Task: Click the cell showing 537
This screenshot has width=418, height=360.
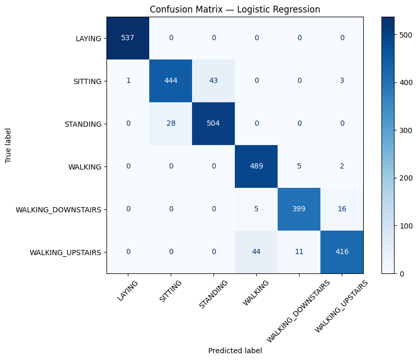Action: click(x=128, y=38)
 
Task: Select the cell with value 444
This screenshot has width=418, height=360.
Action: click(x=171, y=81)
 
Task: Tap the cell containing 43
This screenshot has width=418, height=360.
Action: click(x=213, y=81)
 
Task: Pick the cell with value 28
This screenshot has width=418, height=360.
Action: click(x=171, y=124)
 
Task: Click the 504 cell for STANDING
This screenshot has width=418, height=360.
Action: click(x=213, y=124)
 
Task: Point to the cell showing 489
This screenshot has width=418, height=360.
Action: click(x=256, y=166)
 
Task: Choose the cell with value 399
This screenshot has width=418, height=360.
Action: click(x=299, y=209)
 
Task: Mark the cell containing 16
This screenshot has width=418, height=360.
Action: click(x=342, y=209)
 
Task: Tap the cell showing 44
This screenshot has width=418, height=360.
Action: click(x=256, y=252)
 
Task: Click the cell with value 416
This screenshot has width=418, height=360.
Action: click(x=342, y=252)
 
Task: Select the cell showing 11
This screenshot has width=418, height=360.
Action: click(x=299, y=252)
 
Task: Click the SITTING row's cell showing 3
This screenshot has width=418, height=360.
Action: click(x=342, y=81)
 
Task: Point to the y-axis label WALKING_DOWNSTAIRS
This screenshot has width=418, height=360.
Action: click(x=58, y=210)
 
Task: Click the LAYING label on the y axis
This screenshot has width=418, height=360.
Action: click(x=88, y=39)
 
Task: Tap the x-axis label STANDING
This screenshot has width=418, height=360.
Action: click(x=213, y=294)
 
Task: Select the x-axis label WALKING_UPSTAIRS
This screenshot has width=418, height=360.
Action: click(x=341, y=306)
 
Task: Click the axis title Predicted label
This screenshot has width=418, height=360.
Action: click(x=235, y=351)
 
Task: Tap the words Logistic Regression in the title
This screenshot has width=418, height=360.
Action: click(x=279, y=9)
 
